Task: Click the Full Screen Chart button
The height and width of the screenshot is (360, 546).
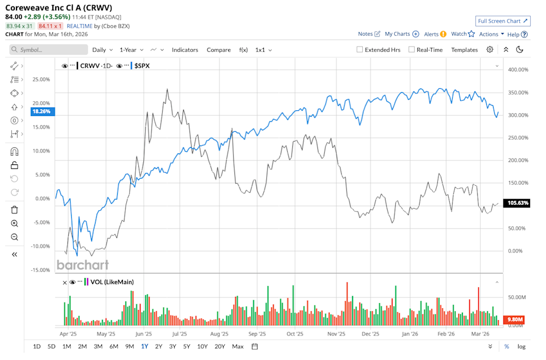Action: coord(503,21)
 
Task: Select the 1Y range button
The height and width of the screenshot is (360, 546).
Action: coord(144,346)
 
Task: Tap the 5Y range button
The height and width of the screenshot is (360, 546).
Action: coord(187,346)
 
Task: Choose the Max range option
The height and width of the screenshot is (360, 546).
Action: coord(238,346)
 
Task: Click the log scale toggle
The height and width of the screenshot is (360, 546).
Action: coord(522,346)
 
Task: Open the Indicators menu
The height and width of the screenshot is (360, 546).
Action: coord(185,50)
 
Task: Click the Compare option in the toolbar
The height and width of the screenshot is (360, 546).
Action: coord(218,50)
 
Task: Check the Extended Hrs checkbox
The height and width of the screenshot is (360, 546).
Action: coord(360,50)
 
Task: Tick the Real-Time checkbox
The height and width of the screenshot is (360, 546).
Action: coord(412,50)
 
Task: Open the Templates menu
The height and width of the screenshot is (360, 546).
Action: coord(464,50)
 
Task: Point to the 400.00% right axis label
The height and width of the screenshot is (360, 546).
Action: coord(518,70)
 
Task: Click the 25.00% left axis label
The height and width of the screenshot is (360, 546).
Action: coord(41,79)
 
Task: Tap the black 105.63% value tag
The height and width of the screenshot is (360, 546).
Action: coord(518,203)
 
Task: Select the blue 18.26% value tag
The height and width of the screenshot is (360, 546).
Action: coord(41,111)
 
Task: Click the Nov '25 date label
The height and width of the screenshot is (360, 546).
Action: coord(337,334)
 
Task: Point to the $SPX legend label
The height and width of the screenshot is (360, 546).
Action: coord(142,65)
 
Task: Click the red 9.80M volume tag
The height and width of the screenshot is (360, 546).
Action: coord(515,319)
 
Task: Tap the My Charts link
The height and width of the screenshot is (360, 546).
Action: coord(397,34)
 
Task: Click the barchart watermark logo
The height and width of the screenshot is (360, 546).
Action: coord(82,264)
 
